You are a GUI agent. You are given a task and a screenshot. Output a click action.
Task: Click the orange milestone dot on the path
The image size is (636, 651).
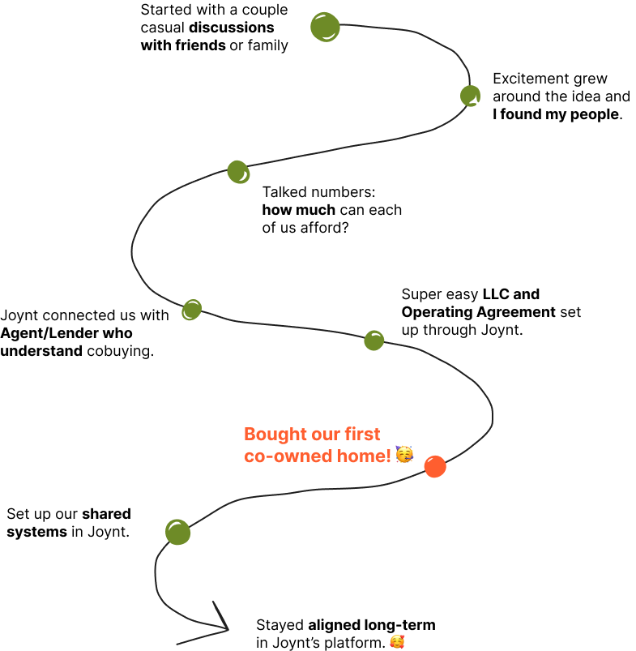[435, 466]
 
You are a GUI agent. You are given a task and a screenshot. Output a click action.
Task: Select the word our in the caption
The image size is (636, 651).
[327, 435]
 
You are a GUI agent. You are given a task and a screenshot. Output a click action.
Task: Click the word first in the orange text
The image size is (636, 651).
[363, 435]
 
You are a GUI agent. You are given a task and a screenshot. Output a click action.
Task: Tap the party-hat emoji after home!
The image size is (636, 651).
[404, 455]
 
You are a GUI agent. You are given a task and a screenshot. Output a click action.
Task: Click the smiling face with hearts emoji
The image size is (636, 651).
[397, 642]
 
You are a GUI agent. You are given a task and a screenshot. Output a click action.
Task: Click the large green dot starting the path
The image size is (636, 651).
[325, 27]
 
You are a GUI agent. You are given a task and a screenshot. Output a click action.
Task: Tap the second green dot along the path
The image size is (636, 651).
[470, 96]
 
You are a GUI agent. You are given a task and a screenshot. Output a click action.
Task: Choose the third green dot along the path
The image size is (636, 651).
[238, 172]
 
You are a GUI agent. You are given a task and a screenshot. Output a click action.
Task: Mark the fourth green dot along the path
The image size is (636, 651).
[191, 310]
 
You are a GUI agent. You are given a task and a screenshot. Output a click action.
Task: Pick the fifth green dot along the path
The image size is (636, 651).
[373, 340]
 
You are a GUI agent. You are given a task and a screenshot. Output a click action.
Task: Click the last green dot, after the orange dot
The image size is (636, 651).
[177, 532]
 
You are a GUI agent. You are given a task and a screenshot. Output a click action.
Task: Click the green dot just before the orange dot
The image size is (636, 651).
[373, 340]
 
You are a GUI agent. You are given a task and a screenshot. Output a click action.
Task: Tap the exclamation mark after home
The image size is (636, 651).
[389, 456]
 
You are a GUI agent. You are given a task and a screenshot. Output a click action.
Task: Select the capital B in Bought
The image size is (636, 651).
[250, 435]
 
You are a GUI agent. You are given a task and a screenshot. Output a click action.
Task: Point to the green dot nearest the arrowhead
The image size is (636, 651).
[177, 532]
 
